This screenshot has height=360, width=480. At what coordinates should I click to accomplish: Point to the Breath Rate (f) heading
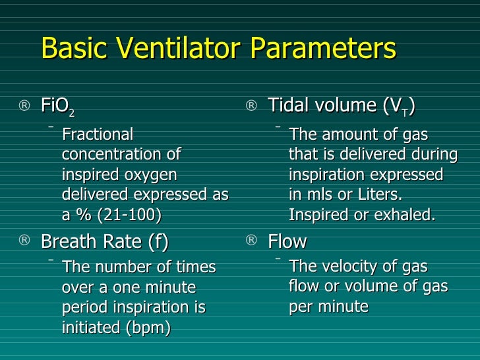click(x=104, y=242)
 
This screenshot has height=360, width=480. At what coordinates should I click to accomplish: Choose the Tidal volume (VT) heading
click(x=342, y=105)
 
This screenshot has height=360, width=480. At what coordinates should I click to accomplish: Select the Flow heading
click(x=287, y=242)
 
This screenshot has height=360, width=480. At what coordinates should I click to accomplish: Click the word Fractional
click(x=98, y=135)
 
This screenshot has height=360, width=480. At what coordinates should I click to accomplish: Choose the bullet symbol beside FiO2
click(x=24, y=106)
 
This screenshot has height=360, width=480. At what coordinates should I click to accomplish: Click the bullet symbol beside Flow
click(x=251, y=242)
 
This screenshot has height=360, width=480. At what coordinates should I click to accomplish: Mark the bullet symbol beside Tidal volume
click(x=251, y=106)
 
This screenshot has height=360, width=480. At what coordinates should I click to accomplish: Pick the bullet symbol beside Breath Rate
click(x=24, y=242)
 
